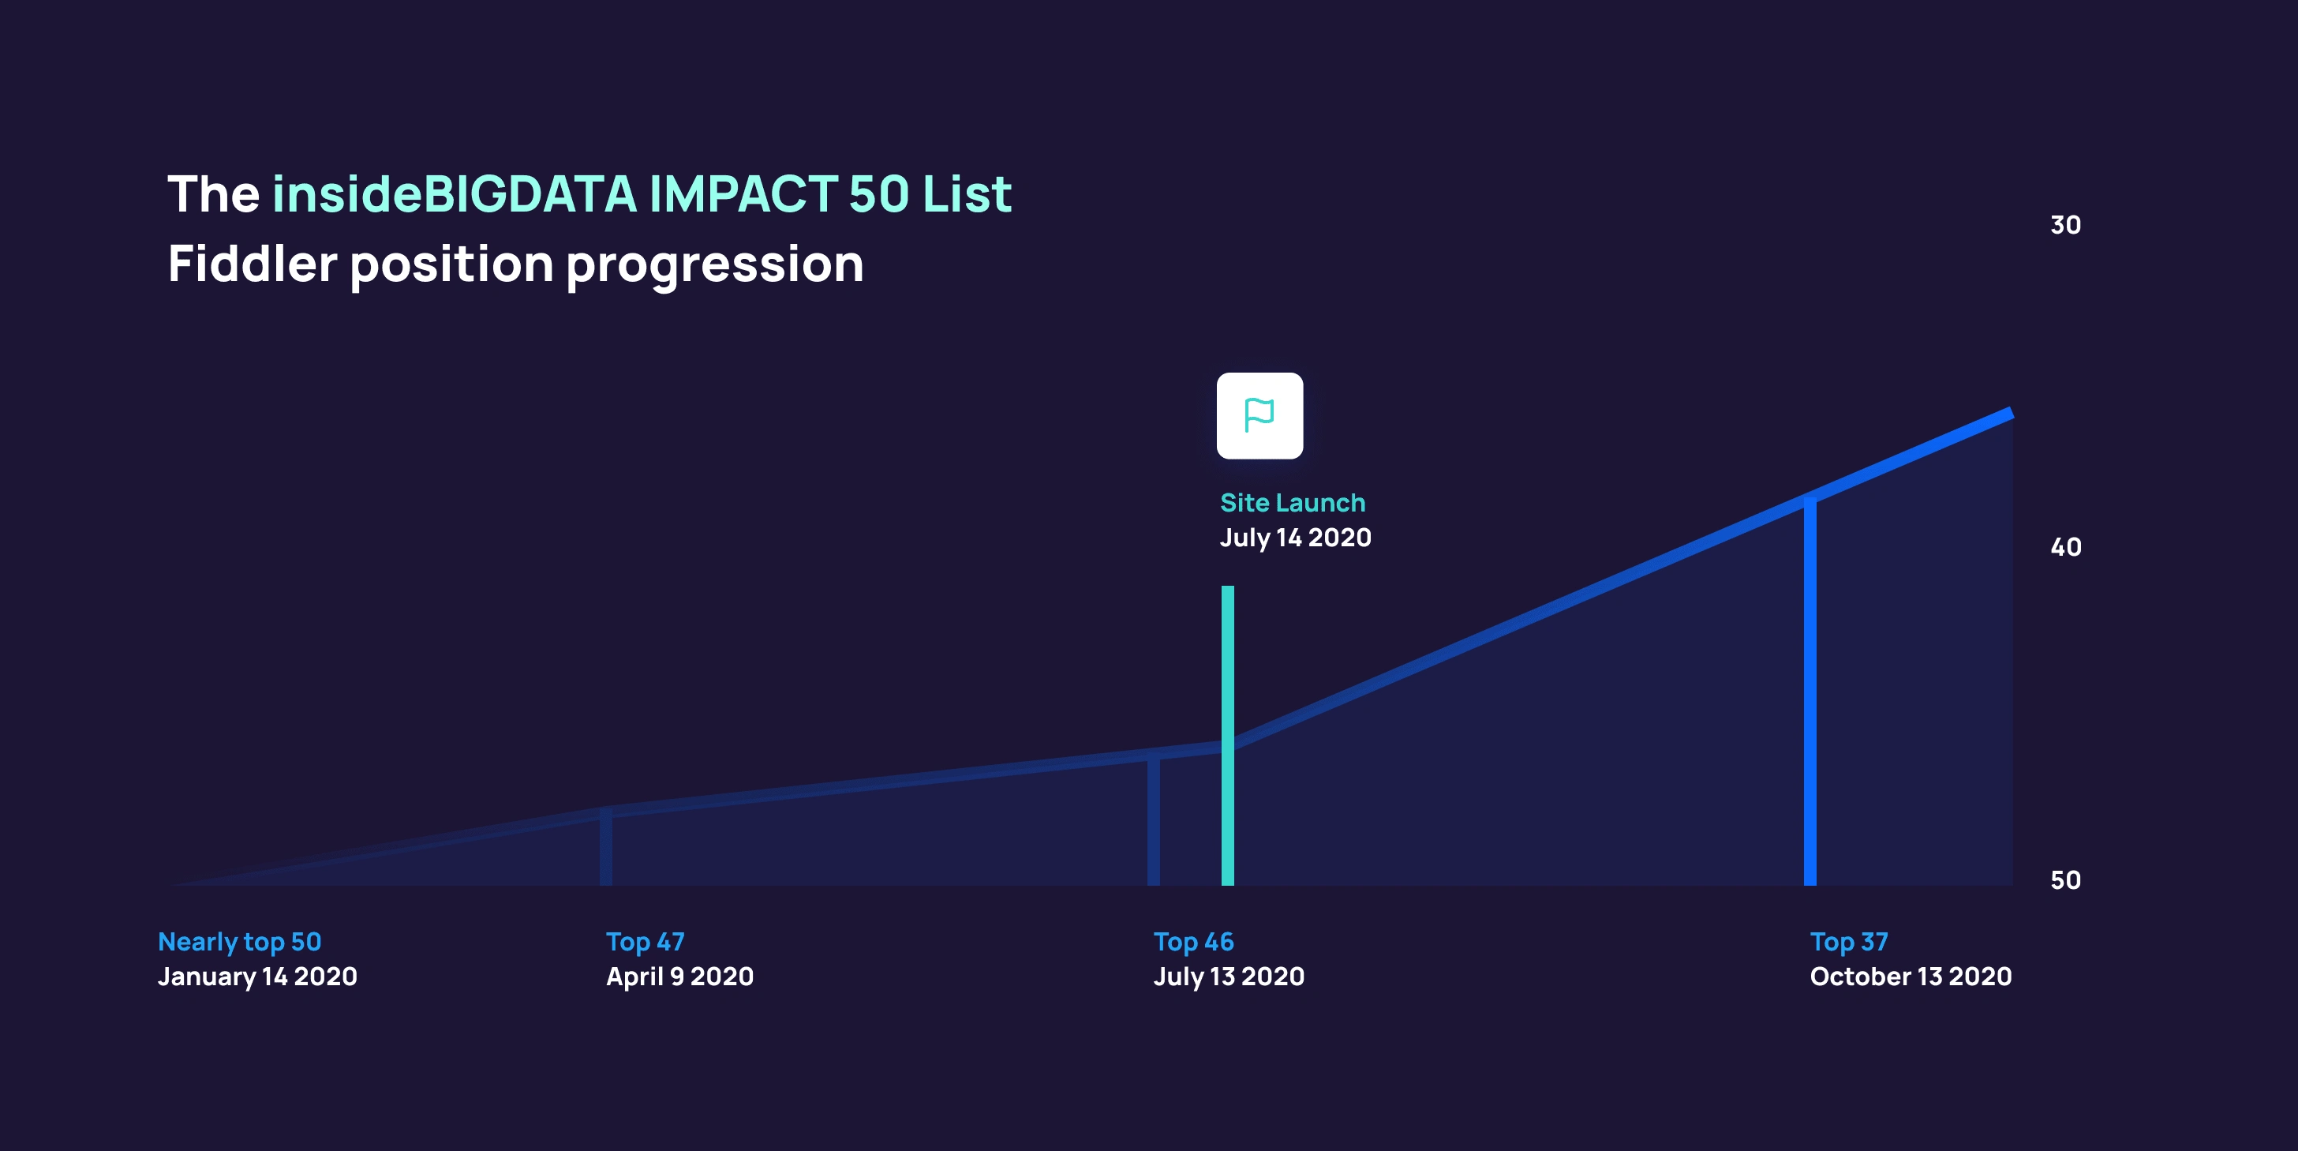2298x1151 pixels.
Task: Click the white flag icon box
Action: click(1259, 416)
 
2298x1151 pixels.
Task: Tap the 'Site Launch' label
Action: click(1293, 502)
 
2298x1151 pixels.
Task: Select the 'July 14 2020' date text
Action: click(1295, 538)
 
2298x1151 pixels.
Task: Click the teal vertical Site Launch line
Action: click(1227, 735)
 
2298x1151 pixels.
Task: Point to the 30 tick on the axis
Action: click(2065, 225)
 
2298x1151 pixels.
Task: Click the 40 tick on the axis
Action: click(2065, 547)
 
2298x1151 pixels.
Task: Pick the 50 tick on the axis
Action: click(2065, 881)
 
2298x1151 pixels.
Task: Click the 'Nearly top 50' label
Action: click(240, 943)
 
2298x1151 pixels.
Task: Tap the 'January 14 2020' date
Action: click(258, 977)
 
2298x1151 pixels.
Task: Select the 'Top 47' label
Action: click(645, 943)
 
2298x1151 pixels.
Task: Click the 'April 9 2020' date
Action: click(679, 977)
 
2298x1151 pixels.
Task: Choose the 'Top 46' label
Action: click(1194, 943)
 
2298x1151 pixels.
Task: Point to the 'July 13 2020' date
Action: click(1229, 977)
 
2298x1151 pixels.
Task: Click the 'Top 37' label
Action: click(1849, 943)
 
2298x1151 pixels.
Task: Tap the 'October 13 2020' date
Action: click(1911, 977)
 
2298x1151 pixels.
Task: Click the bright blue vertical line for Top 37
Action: click(1810, 692)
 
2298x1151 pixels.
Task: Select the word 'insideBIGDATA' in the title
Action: click(455, 193)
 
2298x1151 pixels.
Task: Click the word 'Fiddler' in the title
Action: click(253, 264)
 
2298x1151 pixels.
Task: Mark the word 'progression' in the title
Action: click(714, 266)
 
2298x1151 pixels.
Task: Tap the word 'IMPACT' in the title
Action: click(743, 193)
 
